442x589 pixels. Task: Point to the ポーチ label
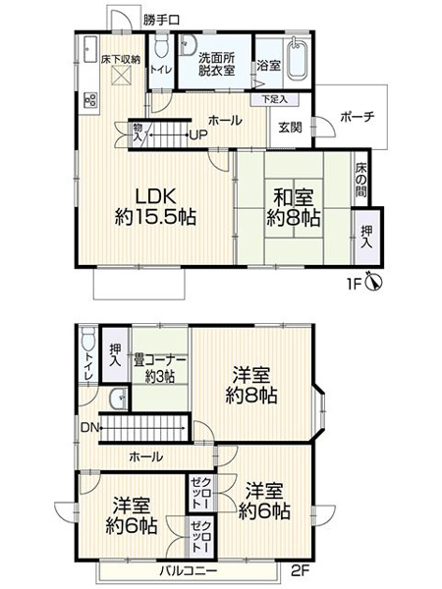(x=357, y=117)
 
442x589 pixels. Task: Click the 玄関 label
(x=289, y=127)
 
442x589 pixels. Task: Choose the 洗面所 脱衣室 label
(x=215, y=63)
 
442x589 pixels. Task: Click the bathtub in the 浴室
(x=296, y=60)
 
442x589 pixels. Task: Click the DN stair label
(x=88, y=427)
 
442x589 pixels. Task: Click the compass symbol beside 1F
(x=373, y=283)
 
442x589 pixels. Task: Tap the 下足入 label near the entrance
(x=274, y=99)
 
